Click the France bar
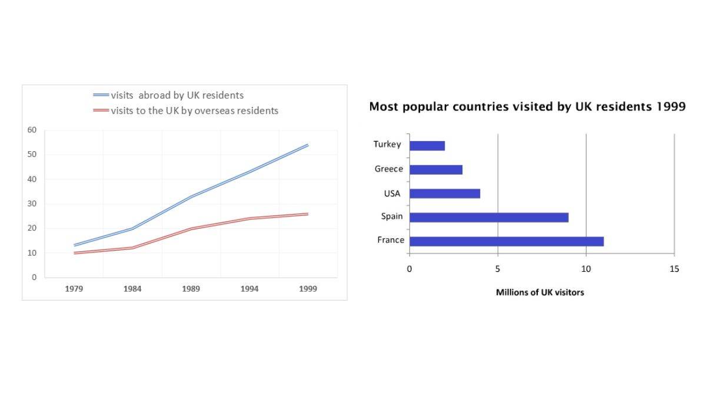(506, 241)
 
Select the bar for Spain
(488, 217)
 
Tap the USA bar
(444, 194)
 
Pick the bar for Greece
(435, 169)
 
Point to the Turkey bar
(427, 146)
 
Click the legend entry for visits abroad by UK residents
(176, 95)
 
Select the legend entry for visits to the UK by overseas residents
(194, 111)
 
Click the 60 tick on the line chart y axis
(33, 130)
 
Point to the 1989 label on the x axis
(191, 289)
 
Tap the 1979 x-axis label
(74, 289)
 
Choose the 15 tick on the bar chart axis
(674, 269)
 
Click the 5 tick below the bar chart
(498, 269)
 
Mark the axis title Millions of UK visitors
(540, 292)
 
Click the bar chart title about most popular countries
(527, 107)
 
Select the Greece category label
(389, 169)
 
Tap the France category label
(391, 240)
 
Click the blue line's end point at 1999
(308, 145)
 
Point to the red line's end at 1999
(308, 214)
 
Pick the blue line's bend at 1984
(132, 228)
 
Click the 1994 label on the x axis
(249, 289)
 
